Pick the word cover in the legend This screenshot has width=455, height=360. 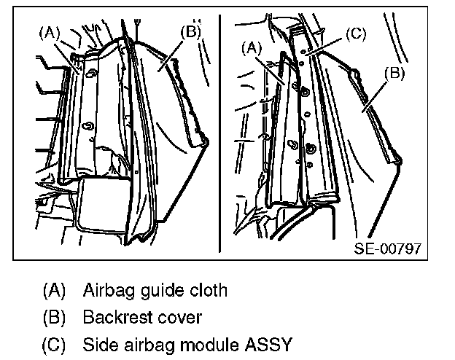pyautogui.click(x=175, y=318)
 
